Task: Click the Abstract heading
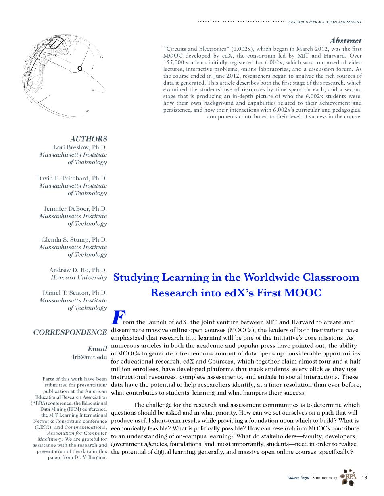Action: pyautogui.click(x=345, y=41)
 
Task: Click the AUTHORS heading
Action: pyautogui.click(x=89, y=139)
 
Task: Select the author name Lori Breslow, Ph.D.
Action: pyautogui.click(x=80, y=147)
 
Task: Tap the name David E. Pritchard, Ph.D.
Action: pyautogui.click(x=72, y=178)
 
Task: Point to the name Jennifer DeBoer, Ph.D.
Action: pyautogui.click(x=75, y=209)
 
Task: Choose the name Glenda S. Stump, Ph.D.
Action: pyautogui.click(x=74, y=240)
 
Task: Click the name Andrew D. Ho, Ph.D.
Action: pyautogui.click(x=78, y=270)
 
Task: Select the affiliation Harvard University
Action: pyautogui.click(x=79, y=277)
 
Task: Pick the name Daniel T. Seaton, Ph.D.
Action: pyautogui.click(x=75, y=293)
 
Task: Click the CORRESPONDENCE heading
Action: pyautogui.click(x=70, y=332)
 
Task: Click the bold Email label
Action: pyautogui.click(x=97, y=349)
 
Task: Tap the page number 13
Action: pyautogui.click(x=365, y=477)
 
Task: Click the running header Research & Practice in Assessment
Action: pyautogui.click(x=325, y=22)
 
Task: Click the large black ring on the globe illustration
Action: pyautogui.click(x=80, y=69)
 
